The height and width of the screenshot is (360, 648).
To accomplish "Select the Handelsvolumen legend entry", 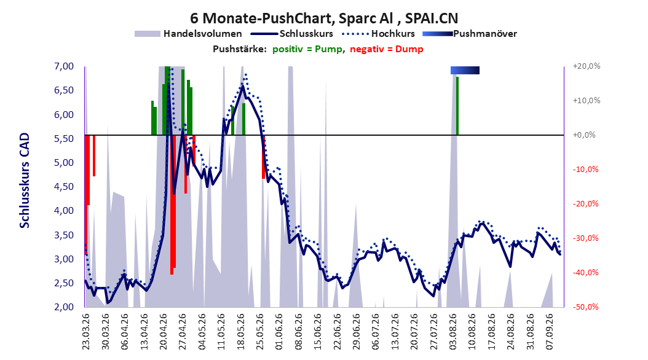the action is click(x=188, y=34).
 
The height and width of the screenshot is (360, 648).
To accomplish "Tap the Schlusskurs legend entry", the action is click(x=292, y=34).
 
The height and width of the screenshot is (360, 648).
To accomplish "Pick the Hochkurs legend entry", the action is click(x=378, y=34).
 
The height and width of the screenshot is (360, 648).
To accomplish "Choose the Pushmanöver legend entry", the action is click(x=470, y=34).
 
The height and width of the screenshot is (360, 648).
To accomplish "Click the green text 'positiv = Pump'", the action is click(x=307, y=49).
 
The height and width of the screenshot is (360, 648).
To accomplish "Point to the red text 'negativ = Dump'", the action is click(x=387, y=49).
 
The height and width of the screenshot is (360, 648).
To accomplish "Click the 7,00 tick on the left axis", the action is click(x=64, y=66).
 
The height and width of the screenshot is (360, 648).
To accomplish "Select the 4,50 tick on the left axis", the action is click(x=64, y=187).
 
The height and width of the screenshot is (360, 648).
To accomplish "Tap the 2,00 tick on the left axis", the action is click(x=64, y=307).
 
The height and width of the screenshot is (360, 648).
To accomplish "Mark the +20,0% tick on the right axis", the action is click(x=587, y=66).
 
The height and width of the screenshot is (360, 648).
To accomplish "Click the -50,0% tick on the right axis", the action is click(x=585, y=307).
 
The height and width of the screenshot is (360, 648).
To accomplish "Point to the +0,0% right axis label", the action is click(x=584, y=135).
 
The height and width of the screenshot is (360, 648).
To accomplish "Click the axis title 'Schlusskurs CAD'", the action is click(x=25, y=181).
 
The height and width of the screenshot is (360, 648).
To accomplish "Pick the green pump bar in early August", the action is click(x=457, y=106).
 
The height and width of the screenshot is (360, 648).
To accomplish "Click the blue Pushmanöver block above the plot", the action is click(x=465, y=70).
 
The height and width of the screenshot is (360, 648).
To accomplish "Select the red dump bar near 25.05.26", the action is click(x=263, y=157).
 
